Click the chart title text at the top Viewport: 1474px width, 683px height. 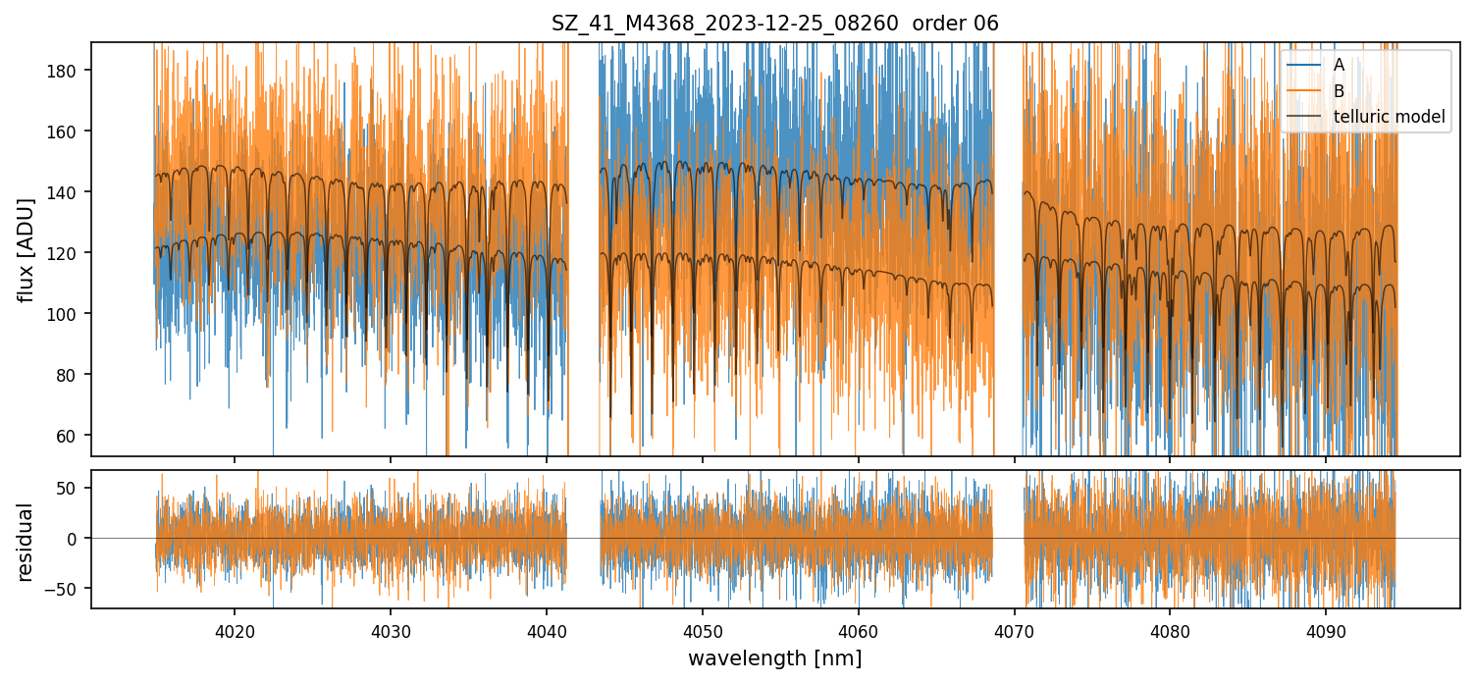(775, 24)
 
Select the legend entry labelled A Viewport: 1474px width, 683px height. (1339, 65)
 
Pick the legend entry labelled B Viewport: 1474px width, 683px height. (1339, 91)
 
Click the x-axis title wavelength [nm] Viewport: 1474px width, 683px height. (775, 658)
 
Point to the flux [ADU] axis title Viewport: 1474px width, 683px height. (26, 249)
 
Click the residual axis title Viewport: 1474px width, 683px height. (26, 542)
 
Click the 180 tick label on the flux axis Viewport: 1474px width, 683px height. (69, 71)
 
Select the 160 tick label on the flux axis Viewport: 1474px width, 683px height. (69, 131)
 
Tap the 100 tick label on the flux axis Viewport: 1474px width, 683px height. (69, 314)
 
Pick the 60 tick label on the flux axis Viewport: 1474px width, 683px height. (73, 436)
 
